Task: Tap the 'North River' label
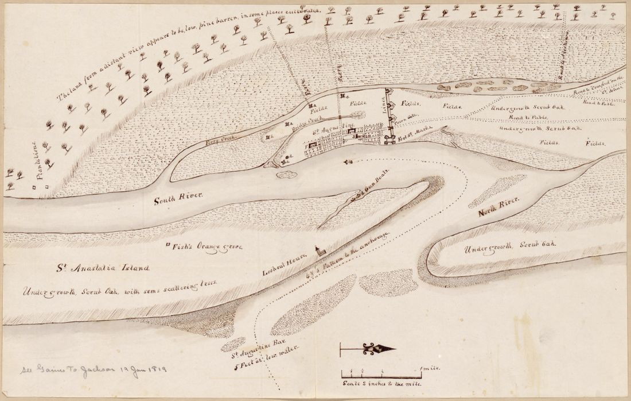click(499, 207)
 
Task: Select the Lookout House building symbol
click(317, 250)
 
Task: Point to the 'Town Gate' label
click(405, 117)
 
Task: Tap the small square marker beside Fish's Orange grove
click(168, 245)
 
